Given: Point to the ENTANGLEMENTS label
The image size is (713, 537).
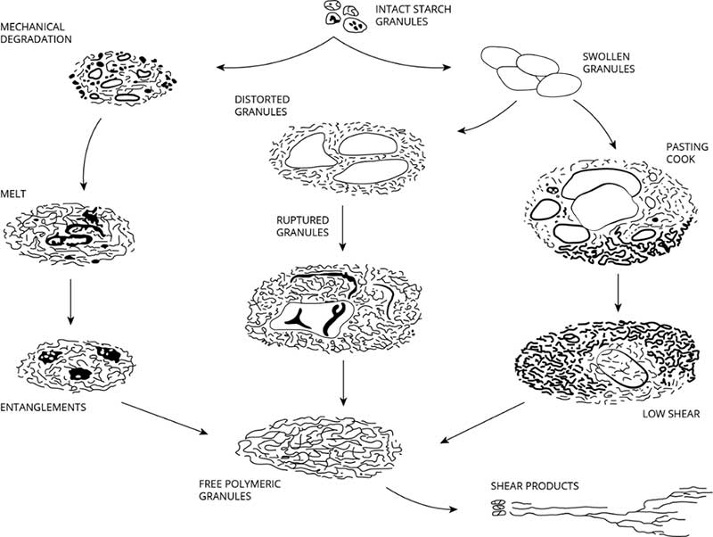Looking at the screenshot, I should pos(43,406).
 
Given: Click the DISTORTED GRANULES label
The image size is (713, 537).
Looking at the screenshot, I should pos(260,105).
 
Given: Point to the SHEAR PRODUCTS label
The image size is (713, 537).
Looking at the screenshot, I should pos(535,486).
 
